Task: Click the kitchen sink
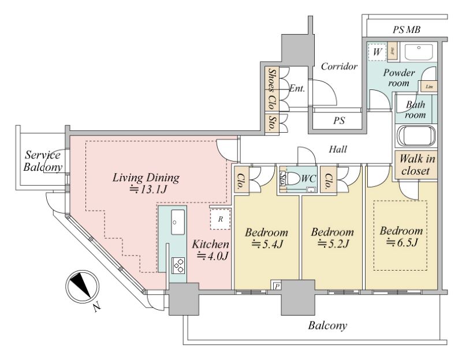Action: [178, 220]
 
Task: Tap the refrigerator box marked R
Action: [220, 219]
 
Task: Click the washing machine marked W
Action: [378, 52]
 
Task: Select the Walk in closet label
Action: [415, 165]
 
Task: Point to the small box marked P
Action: [277, 286]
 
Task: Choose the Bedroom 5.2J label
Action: [332, 238]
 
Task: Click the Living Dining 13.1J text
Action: [146, 183]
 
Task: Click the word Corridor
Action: [340, 66]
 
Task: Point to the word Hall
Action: [338, 149]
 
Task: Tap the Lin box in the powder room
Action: [429, 87]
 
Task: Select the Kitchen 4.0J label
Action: [211, 249]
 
